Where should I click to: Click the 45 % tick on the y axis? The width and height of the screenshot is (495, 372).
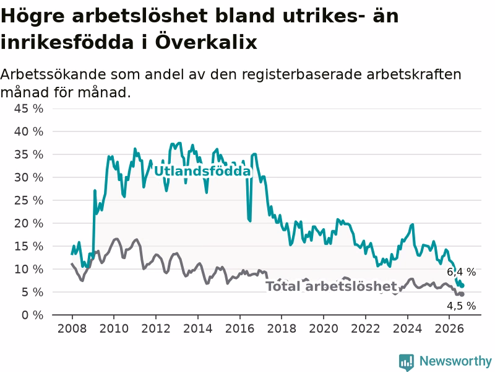coord(28,109)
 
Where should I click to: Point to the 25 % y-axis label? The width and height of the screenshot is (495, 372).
coord(28,200)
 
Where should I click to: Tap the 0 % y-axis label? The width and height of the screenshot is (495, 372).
coord(33,316)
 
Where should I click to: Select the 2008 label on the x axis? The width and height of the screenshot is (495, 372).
coord(72,329)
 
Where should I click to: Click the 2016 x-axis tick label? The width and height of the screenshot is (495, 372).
coord(239,329)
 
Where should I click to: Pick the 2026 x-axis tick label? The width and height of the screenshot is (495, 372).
coord(449,329)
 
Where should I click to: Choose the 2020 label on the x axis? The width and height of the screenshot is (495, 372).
coord(324,329)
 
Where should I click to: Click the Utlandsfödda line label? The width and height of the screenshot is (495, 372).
coord(202,171)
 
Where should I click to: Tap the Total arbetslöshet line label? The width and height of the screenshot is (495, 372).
coord(331,286)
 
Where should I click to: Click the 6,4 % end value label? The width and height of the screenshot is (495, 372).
coord(461,272)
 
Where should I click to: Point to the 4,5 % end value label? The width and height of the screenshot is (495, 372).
coord(461,306)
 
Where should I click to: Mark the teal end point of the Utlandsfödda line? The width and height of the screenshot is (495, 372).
coord(462,286)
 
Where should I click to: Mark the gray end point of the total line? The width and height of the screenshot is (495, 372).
coord(462,294)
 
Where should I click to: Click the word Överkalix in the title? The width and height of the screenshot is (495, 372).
coord(206,42)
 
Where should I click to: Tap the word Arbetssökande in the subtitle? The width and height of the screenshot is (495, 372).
coord(53,74)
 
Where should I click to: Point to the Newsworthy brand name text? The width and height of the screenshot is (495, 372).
coord(455,361)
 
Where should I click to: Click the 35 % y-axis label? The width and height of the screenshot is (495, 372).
coord(28,154)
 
